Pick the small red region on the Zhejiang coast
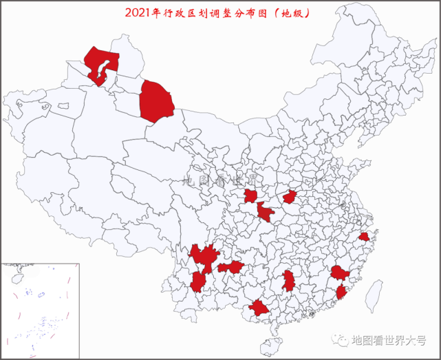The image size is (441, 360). [364, 237]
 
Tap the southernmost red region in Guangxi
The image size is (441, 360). [259, 308]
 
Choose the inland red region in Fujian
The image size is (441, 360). [339, 273]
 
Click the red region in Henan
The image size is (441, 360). [290, 197]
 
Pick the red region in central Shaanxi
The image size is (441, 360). [250, 196]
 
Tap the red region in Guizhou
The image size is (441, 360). [232, 266]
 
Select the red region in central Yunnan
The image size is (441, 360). [198, 282]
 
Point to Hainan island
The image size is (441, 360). [270, 343]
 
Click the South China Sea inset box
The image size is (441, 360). [40, 310]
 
